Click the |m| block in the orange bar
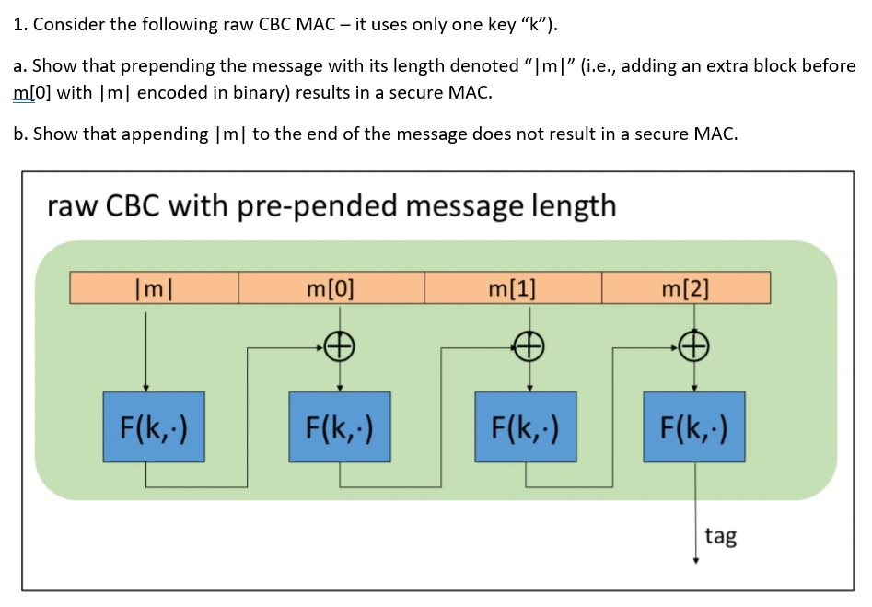(x=154, y=287)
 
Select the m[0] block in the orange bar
(x=331, y=287)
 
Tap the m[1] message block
(x=512, y=287)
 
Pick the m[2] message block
(x=685, y=287)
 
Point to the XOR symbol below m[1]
(x=527, y=347)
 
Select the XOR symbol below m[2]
(x=695, y=347)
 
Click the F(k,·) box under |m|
(x=154, y=426)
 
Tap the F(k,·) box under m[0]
(x=340, y=426)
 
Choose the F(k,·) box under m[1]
(x=526, y=426)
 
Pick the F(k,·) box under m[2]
(x=694, y=426)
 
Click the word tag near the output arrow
(x=720, y=535)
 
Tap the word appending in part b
(x=164, y=134)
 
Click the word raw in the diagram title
(x=70, y=204)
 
